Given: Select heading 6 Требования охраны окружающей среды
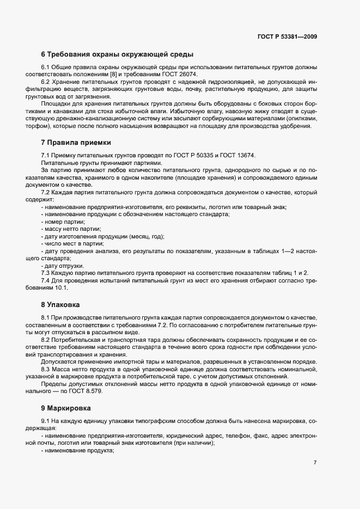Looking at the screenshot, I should [x=118, y=54].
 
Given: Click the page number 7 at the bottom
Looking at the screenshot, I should [x=315, y=463].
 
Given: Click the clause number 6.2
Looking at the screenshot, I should [x=46, y=81].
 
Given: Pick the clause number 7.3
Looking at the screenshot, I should [x=46, y=272].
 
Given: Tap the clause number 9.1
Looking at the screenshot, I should [x=46, y=421].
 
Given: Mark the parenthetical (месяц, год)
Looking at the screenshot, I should [x=146, y=236].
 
